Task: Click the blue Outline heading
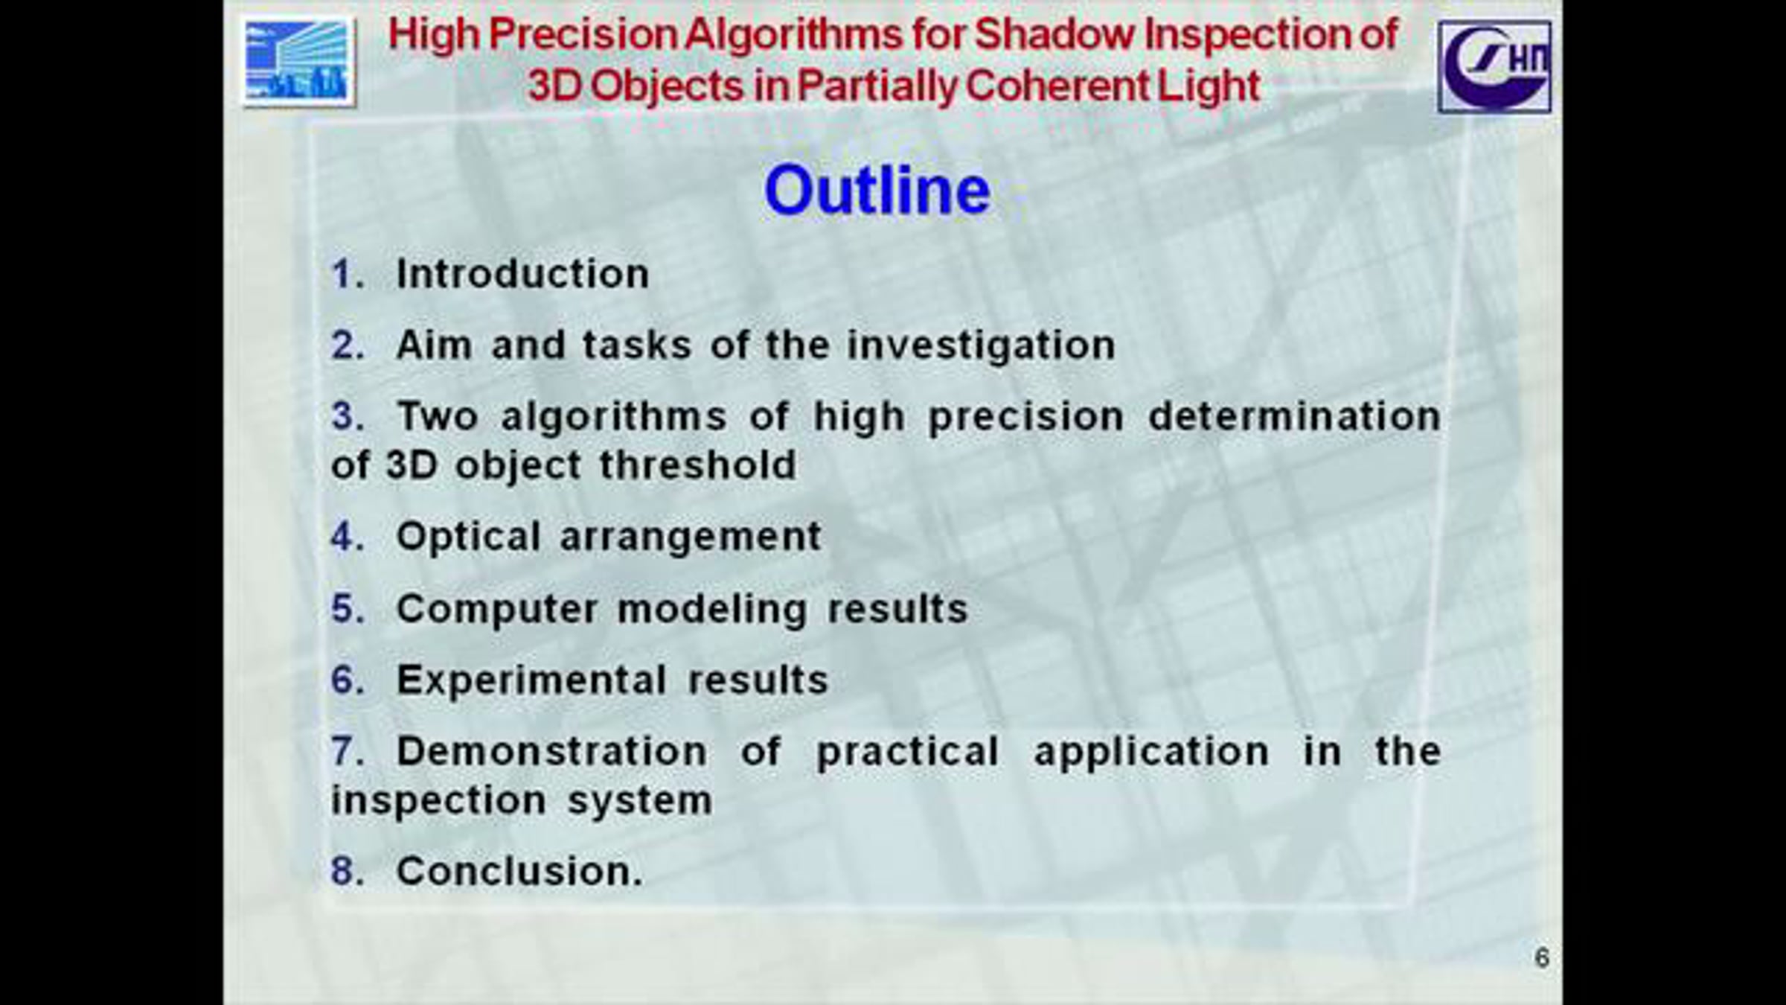point(877,190)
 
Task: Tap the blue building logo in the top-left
point(298,62)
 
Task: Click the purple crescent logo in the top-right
point(1494,66)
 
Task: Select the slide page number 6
point(1542,957)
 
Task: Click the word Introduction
point(522,273)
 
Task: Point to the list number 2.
point(348,345)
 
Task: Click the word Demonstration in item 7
point(551,750)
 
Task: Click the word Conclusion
point(519,870)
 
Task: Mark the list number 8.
point(348,870)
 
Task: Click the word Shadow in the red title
point(1054,35)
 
